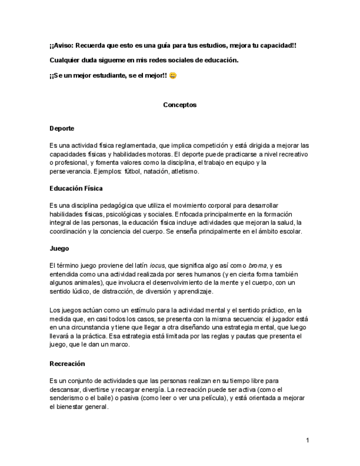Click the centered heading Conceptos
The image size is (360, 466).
click(180, 104)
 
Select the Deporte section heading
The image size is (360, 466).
click(62, 128)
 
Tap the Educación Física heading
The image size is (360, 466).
click(76, 188)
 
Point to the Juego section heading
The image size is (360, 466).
click(59, 248)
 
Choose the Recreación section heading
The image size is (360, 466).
click(67, 363)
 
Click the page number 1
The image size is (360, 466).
click(308, 440)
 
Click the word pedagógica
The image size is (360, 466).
click(120, 206)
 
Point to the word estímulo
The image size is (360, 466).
click(134, 310)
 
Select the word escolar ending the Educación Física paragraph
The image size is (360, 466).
click(289, 231)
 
